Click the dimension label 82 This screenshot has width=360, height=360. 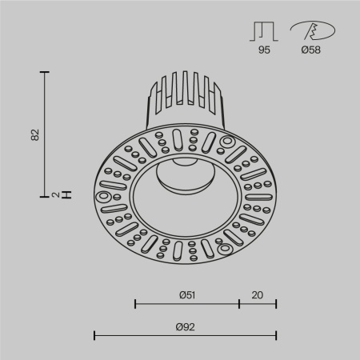click(x=34, y=134)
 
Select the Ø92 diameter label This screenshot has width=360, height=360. click(x=186, y=326)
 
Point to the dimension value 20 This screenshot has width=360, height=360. click(x=258, y=294)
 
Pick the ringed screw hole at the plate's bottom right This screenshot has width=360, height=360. click(x=227, y=249)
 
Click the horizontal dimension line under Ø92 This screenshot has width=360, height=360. click(x=186, y=335)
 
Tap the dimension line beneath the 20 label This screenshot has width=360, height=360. click(x=258, y=304)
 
